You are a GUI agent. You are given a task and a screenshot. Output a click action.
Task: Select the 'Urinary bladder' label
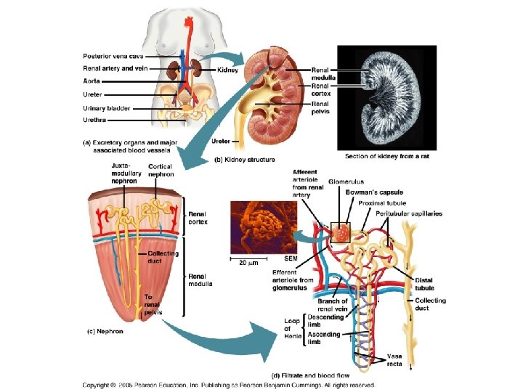pyautogui.click(x=107, y=108)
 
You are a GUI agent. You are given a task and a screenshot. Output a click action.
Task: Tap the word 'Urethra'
pyautogui.click(x=96, y=119)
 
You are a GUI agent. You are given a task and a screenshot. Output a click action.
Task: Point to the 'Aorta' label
pyautogui.click(x=92, y=81)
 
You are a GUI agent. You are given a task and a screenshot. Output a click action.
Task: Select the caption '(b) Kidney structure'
pyautogui.click(x=243, y=159)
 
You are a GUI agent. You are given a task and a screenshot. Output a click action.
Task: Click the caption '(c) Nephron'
pyautogui.click(x=105, y=331)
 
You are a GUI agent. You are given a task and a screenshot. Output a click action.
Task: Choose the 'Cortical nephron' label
pyautogui.click(x=161, y=171)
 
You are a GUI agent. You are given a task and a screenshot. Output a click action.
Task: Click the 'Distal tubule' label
pyautogui.click(x=424, y=284)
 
